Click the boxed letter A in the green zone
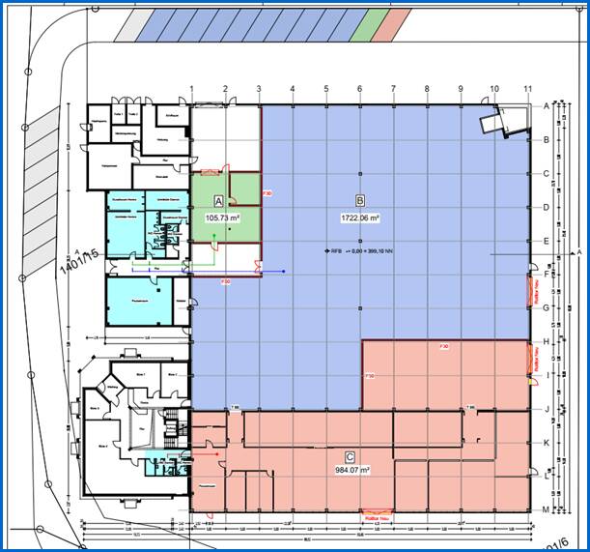pyautogui.click(x=218, y=201)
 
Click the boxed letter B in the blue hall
pyautogui.click(x=360, y=202)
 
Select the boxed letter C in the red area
pyautogui.click(x=349, y=454)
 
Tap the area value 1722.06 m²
pyautogui.click(x=360, y=219)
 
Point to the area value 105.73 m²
pyautogui.click(x=222, y=218)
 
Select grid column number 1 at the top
pyautogui.click(x=192, y=90)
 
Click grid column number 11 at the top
pyautogui.click(x=527, y=90)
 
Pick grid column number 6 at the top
pyautogui.click(x=359, y=90)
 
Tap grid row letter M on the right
pyautogui.click(x=547, y=509)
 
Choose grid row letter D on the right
pyautogui.click(x=547, y=207)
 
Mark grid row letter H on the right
pyautogui.click(x=547, y=341)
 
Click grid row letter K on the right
pyautogui.click(x=547, y=443)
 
